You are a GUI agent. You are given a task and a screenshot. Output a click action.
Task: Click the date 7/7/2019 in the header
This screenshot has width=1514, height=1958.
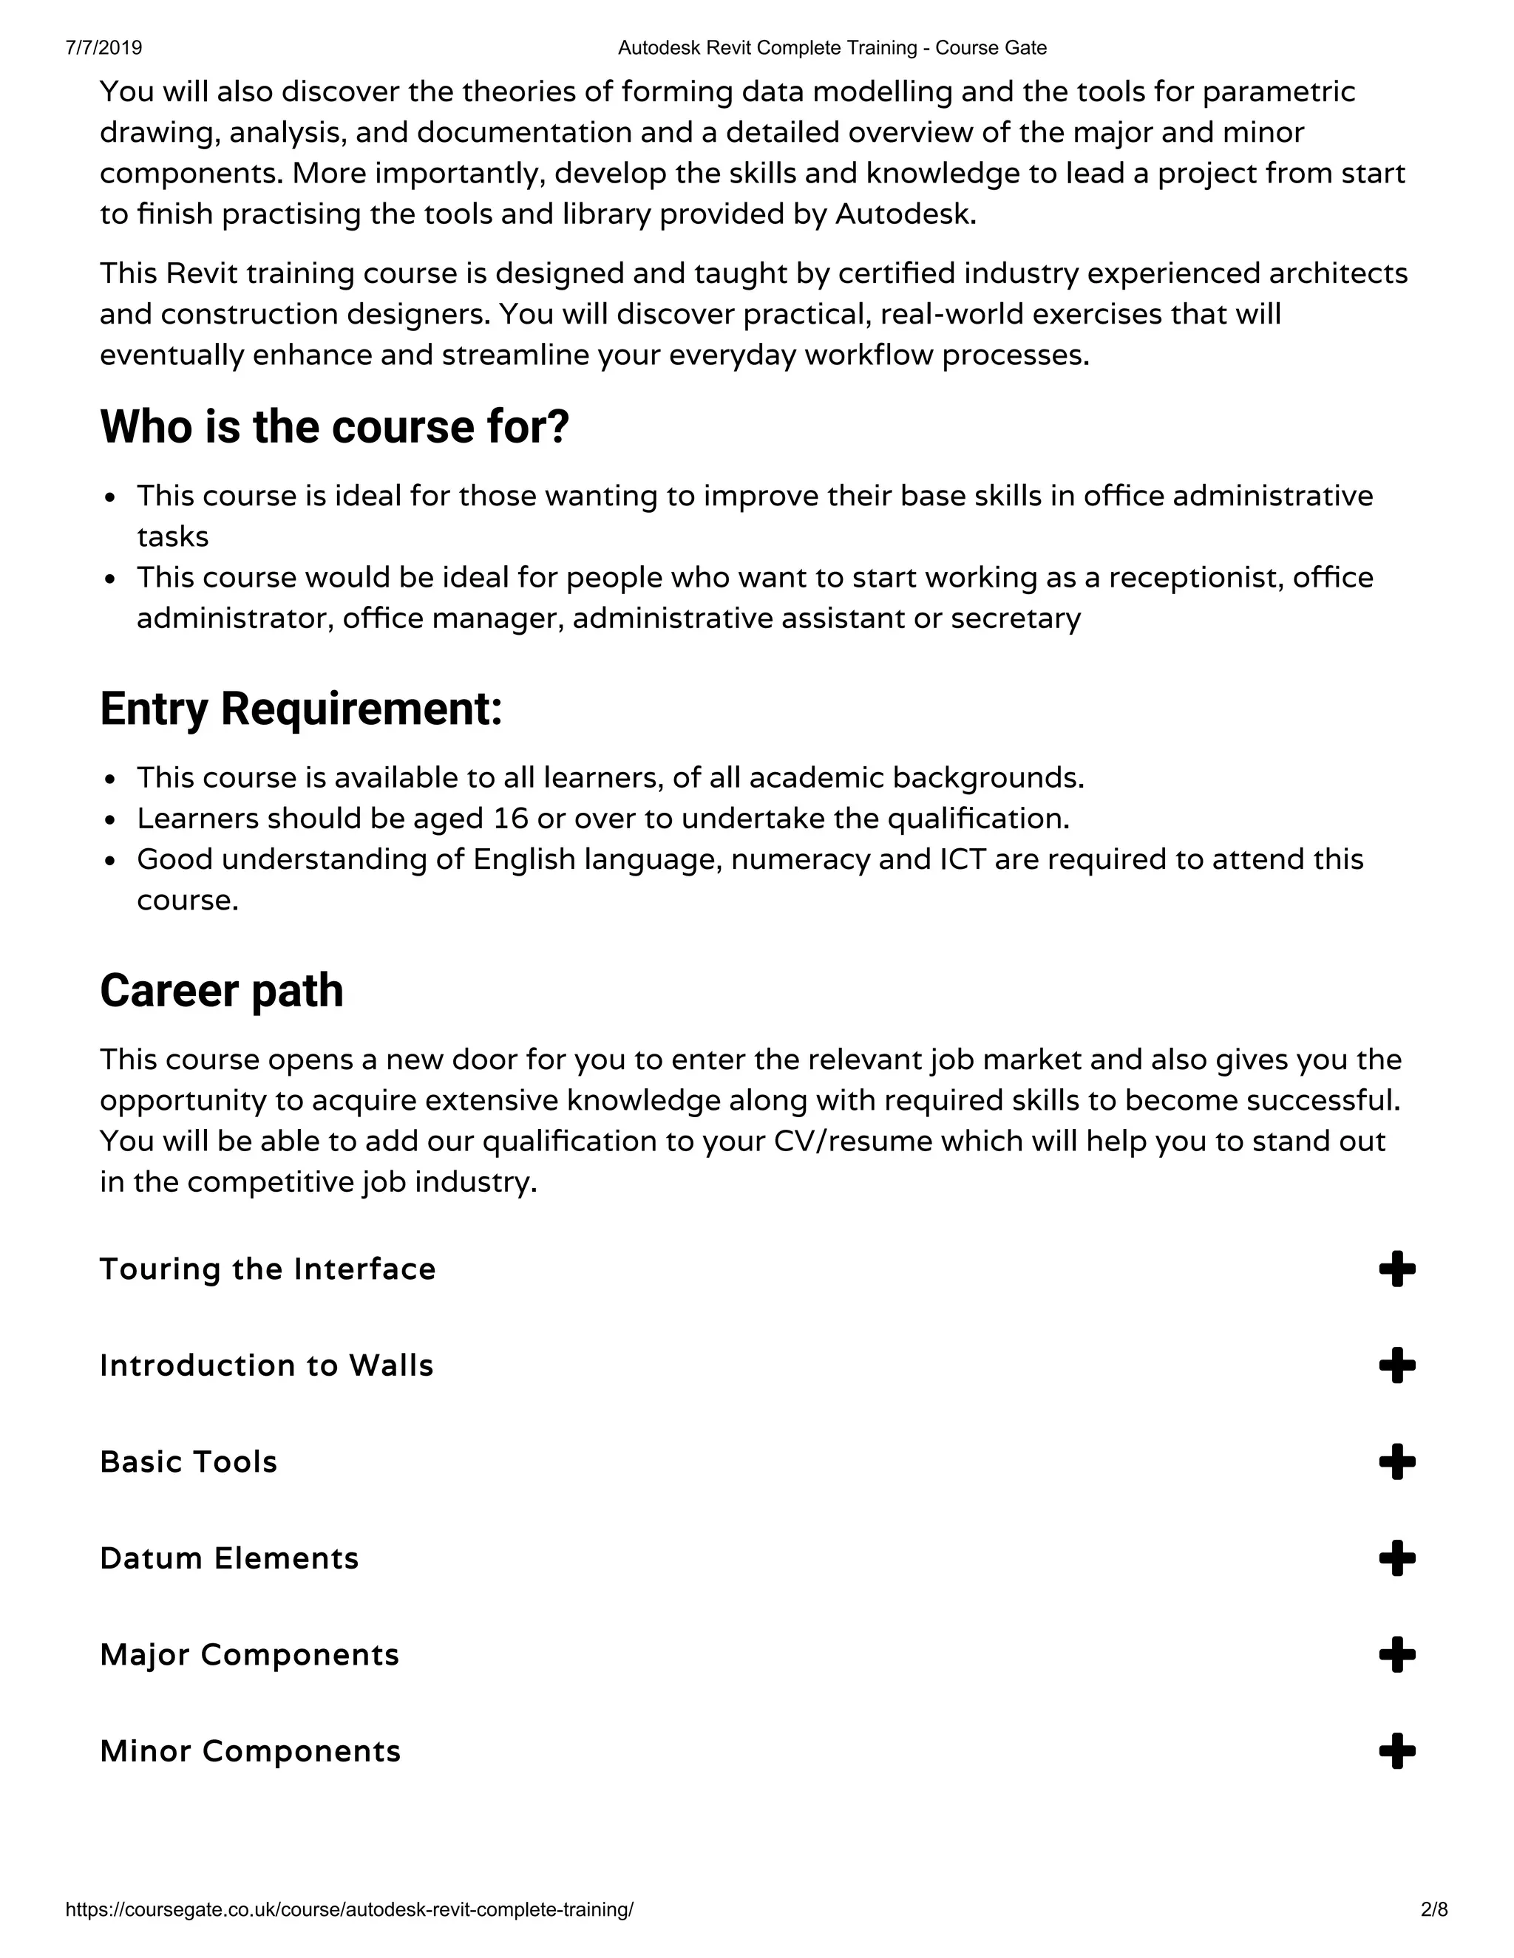pyautogui.click(x=103, y=47)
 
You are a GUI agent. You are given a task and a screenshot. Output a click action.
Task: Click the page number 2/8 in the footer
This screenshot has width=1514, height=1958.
pyautogui.click(x=1434, y=1909)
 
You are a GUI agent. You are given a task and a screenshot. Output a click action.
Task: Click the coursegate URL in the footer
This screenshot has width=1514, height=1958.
pyautogui.click(x=349, y=1909)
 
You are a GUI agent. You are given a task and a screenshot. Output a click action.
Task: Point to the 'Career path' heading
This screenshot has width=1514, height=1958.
pyautogui.click(x=222, y=991)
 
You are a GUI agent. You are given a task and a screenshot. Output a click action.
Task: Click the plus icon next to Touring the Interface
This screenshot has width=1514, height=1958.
pyautogui.click(x=1396, y=1269)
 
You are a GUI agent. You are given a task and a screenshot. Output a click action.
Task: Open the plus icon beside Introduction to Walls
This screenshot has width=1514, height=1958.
pyautogui.click(x=1396, y=1365)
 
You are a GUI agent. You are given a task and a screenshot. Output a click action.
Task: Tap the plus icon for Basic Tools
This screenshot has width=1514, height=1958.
pyautogui.click(x=1396, y=1462)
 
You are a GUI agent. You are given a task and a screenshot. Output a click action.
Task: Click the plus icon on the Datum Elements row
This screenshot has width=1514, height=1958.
pyautogui.click(x=1396, y=1558)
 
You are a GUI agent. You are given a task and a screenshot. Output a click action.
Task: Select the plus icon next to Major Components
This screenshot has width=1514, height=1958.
pyautogui.click(x=1396, y=1655)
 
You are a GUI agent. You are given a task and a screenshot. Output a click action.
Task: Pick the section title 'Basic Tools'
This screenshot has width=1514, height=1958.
pyautogui.click(x=189, y=1462)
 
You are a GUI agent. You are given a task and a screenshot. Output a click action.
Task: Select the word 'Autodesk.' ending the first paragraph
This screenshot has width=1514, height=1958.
pyautogui.click(x=906, y=214)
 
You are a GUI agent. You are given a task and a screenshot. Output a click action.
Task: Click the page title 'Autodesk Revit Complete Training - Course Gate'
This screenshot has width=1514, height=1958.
pyautogui.click(x=832, y=47)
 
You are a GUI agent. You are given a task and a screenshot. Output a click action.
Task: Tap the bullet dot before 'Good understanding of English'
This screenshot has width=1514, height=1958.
pyautogui.click(x=110, y=861)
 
